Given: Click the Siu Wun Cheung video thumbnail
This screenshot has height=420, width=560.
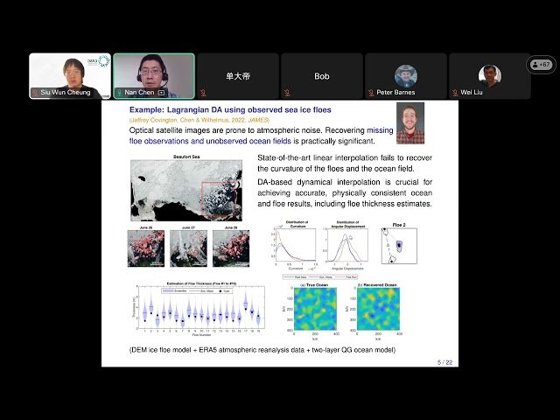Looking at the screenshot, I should pos(70,75).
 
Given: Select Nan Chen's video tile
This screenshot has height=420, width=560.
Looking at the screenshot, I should pos(153,75).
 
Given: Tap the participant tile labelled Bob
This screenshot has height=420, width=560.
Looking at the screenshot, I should pos(322,76).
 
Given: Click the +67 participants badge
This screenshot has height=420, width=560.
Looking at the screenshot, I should pos(541,65).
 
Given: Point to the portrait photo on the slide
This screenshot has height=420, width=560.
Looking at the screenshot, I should pos(409,122).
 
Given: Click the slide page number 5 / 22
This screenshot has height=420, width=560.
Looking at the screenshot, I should pos(446,361).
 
